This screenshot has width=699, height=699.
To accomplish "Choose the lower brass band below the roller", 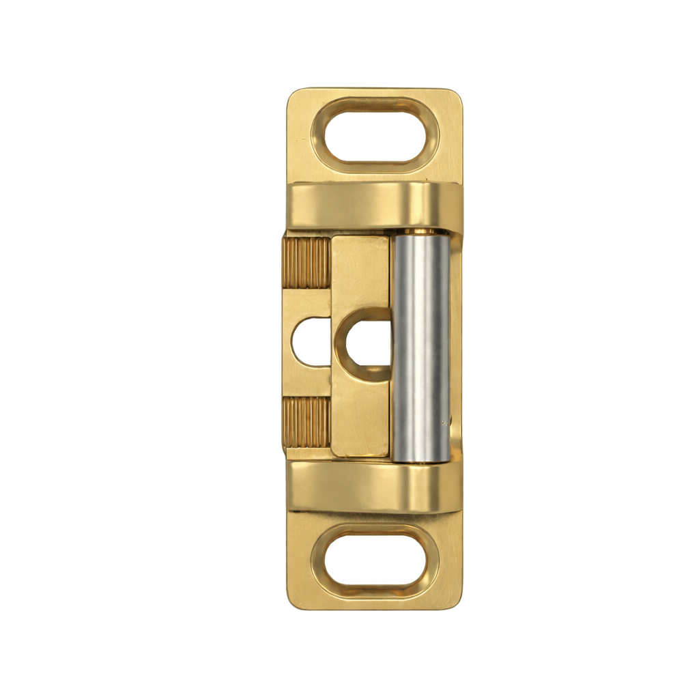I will coord(372,487).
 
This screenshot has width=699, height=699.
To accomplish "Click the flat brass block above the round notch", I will coord(360,270).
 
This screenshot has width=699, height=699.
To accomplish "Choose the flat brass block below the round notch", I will coord(360,420).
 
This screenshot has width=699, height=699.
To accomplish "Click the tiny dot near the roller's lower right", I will coord(444,422).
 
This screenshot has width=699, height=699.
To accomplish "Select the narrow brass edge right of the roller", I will coord(456,345).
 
